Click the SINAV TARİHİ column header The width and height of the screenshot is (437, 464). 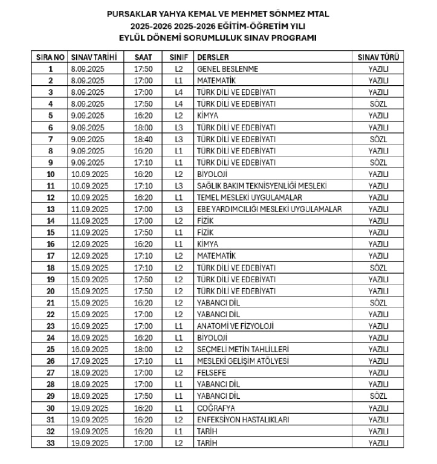(91, 57)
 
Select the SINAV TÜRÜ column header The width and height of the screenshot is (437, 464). (378, 57)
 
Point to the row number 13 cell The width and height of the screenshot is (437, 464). (51, 209)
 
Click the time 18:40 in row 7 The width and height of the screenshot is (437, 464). (143, 139)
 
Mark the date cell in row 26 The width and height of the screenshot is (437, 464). (89, 361)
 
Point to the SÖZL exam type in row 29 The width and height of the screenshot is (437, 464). (378, 396)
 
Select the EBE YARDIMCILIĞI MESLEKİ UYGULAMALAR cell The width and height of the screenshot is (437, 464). (270, 209)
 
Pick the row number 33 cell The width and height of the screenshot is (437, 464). (51, 443)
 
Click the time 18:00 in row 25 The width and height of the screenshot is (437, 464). (143, 349)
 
